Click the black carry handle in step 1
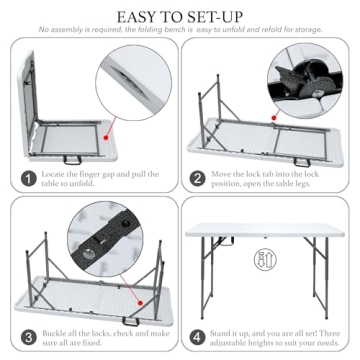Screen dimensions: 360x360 click(x=73, y=160)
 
